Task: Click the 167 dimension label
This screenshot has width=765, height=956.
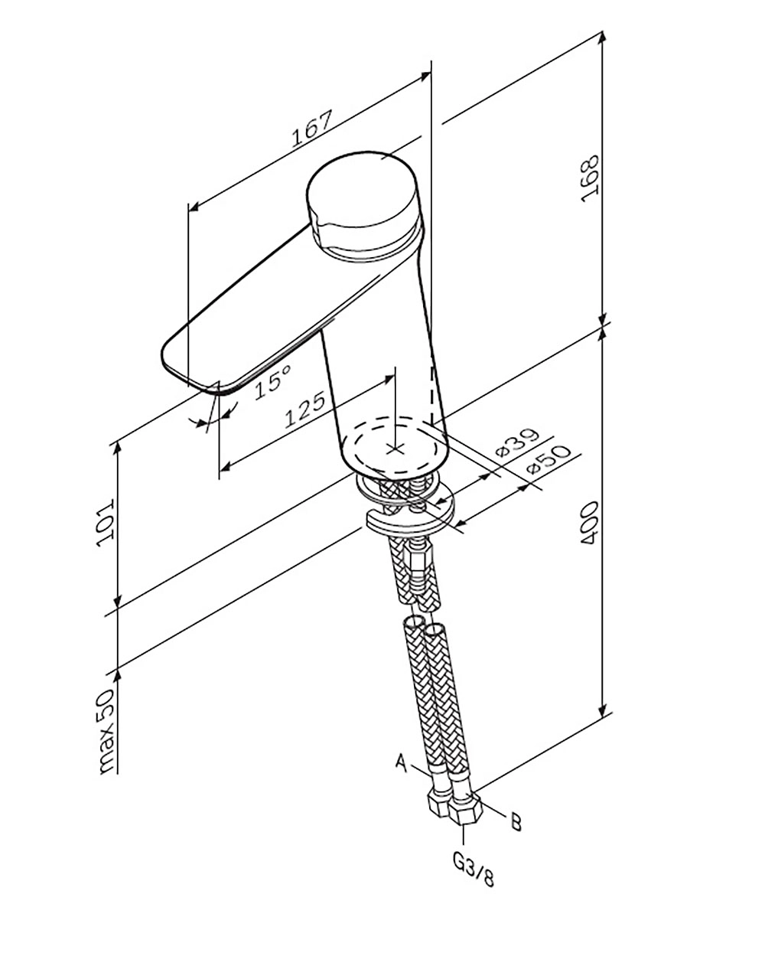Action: (311, 129)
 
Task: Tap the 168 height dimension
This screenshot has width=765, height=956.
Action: (590, 178)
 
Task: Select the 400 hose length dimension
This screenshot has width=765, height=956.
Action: (591, 523)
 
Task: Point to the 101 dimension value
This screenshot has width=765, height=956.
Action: (106, 523)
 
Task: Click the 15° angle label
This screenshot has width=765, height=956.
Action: (273, 383)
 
